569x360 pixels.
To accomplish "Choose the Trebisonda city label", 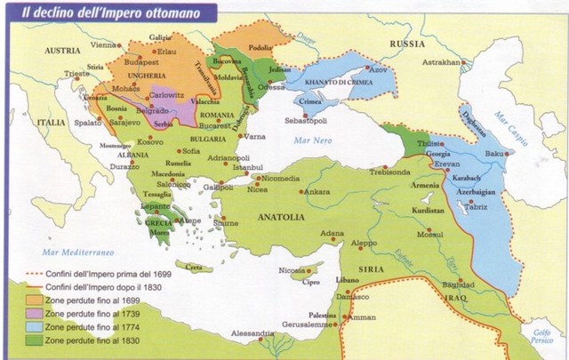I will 384,171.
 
